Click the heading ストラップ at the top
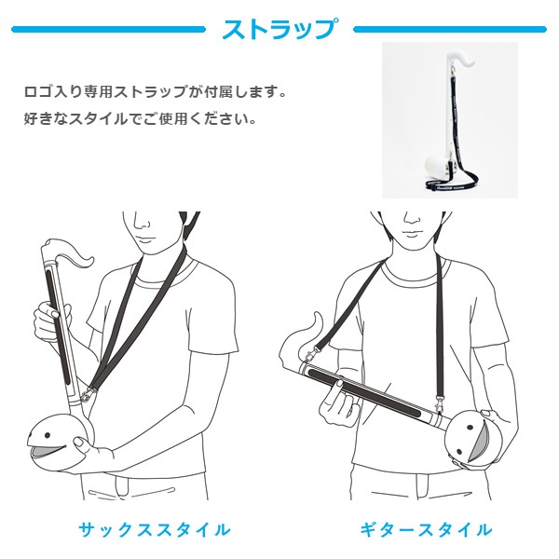pyautogui.click(x=279, y=29)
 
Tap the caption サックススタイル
pyautogui.click(x=155, y=530)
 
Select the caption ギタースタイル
pyautogui.click(x=426, y=530)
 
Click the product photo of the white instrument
pyautogui.click(x=450, y=120)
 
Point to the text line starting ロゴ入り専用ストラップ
pyautogui.click(x=156, y=92)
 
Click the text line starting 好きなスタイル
pyautogui.click(x=141, y=118)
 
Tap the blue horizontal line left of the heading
pyautogui.click(x=108, y=29)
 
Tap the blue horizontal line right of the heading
pyautogui.click(x=450, y=29)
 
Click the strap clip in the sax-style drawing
pyautogui.click(x=88, y=393)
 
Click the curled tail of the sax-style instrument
pyautogui.click(x=75, y=256)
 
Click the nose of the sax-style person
pyautogui.click(x=143, y=224)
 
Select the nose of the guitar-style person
pyautogui.click(x=412, y=220)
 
